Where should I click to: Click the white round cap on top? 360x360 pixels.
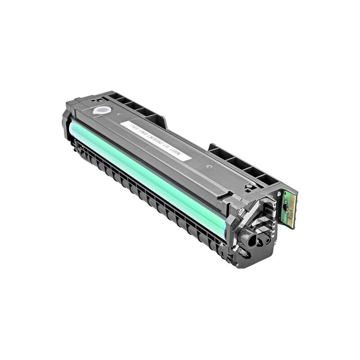[102, 110]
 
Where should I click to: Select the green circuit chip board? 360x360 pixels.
[288, 208]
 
